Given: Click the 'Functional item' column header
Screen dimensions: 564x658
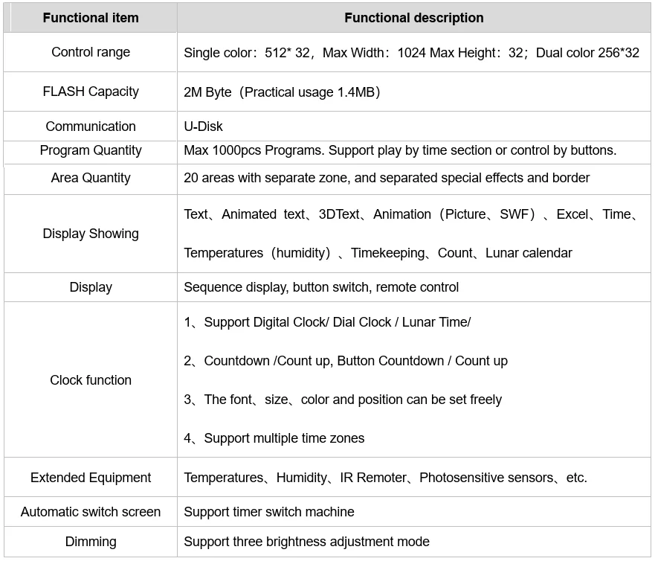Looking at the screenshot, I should tap(91, 18).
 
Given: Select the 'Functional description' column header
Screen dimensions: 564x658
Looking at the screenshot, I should tap(413, 18).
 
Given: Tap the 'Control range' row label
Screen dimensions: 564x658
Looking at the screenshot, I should tap(91, 52).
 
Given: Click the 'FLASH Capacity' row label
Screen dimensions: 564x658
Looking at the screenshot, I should tap(91, 92).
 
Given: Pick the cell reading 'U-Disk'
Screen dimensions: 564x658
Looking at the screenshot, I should tap(203, 126).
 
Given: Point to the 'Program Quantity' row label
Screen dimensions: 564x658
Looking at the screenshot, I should tap(91, 150).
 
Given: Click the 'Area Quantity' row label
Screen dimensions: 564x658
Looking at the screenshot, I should tap(91, 178).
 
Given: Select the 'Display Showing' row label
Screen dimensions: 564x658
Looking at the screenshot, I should tap(91, 234).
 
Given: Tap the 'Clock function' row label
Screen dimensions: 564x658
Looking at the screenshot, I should tap(91, 380).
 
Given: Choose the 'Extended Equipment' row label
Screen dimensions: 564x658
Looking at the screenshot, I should tap(91, 478).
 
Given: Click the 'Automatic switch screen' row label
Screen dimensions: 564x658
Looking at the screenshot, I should tap(91, 512).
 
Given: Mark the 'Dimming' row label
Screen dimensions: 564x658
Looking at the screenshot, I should tap(91, 542).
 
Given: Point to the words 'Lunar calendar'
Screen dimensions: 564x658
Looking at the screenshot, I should tap(529, 253).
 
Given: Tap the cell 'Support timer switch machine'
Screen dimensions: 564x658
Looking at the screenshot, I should tap(269, 512).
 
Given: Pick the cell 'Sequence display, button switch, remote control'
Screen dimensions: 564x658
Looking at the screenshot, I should tap(321, 287).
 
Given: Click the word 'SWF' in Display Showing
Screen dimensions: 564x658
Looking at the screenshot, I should tap(515, 214).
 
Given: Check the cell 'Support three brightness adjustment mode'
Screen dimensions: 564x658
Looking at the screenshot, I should tap(306, 542).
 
